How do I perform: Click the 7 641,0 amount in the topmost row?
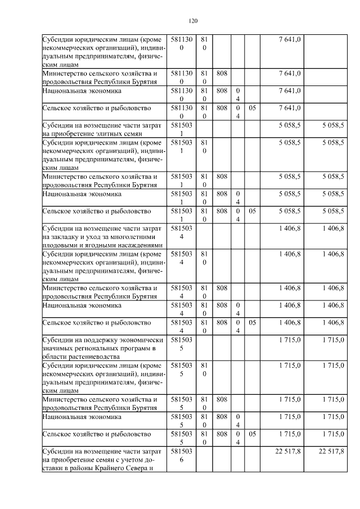tap(290, 39)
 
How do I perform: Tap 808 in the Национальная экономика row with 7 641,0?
tap(222, 91)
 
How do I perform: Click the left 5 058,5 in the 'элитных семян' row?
tap(290, 125)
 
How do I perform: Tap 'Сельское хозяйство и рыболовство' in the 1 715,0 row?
tap(97, 435)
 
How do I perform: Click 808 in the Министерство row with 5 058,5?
tap(222, 177)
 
